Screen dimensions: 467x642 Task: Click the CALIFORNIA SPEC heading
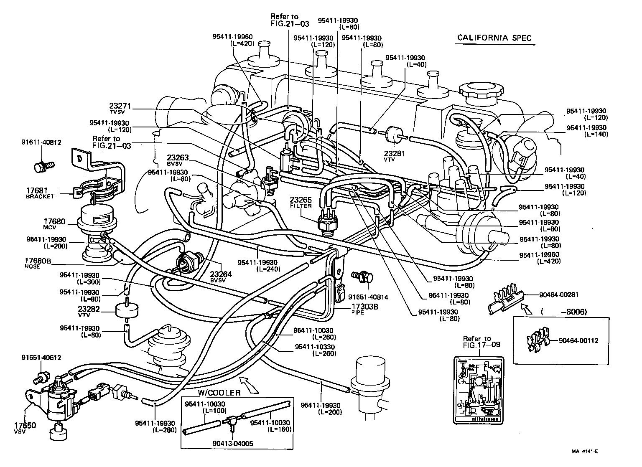[x=494, y=38]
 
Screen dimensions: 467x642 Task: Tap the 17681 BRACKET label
[x=40, y=193]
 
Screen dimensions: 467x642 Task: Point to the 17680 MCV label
[x=53, y=223]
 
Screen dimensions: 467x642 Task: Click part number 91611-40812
[x=41, y=142]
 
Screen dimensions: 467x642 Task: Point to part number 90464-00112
[x=578, y=340]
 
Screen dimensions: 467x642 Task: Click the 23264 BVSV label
[x=222, y=277]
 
